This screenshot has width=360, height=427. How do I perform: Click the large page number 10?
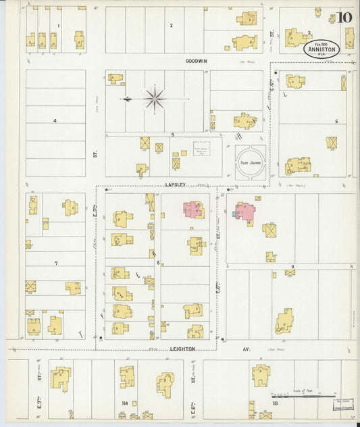(344, 17)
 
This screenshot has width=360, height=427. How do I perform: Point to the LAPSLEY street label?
(175, 183)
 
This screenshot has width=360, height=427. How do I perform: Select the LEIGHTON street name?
(182, 349)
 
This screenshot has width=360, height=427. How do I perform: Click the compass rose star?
(155, 99)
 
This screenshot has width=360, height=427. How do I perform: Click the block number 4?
(54, 121)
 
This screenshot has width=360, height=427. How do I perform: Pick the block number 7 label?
(56, 263)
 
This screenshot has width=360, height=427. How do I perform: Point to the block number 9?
(292, 267)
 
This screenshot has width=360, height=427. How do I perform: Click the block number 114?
(124, 403)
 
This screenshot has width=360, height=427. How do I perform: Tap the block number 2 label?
(171, 26)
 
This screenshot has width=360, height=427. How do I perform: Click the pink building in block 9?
(245, 212)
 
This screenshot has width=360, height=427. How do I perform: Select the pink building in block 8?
(192, 209)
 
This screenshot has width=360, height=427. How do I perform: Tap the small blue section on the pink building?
(234, 213)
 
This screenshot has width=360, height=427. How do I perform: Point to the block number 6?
(336, 122)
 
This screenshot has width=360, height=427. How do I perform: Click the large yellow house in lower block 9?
(284, 322)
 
